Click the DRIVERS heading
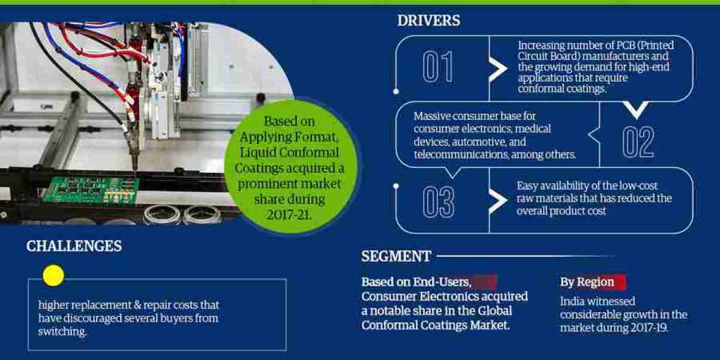(x=429, y=20)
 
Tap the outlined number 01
(x=438, y=67)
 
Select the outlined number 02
(x=638, y=142)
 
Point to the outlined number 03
(x=439, y=202)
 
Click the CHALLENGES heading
(x=74, y=246)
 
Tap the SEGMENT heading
(x=396, y=257)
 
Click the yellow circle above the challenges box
(x=53, y=275)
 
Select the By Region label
(x=587, y=282)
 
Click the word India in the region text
(x=573, y=301)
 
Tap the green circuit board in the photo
(x=92, y=190)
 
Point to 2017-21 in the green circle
(x=289, y=215)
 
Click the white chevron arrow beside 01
(x=498, y=68)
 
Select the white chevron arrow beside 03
(x=498, y=201)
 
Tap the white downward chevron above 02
(x=637, y=110)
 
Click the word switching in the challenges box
(x=62, y=331)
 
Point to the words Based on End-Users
(x=416, y=282)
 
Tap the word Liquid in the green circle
(x=258, y=152)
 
